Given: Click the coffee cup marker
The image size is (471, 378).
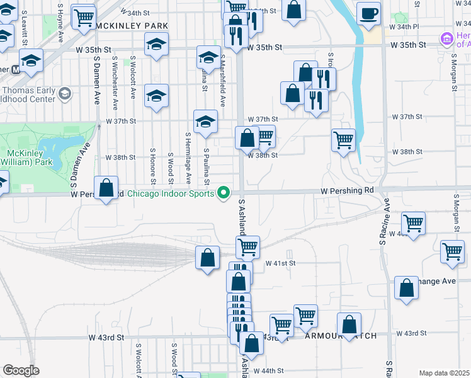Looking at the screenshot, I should (368, 13).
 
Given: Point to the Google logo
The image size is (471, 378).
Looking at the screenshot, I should (21, 370).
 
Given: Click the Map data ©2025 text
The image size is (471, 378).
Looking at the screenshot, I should (444, 373).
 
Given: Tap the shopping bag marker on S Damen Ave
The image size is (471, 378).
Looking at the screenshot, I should (107, 188).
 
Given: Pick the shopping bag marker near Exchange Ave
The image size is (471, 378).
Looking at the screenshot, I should (407, 288).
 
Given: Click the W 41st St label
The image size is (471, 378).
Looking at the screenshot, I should (280, 263).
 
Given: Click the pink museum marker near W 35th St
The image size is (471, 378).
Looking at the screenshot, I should (448, 39).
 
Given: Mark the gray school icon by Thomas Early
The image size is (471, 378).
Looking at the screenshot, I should (64, 94).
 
